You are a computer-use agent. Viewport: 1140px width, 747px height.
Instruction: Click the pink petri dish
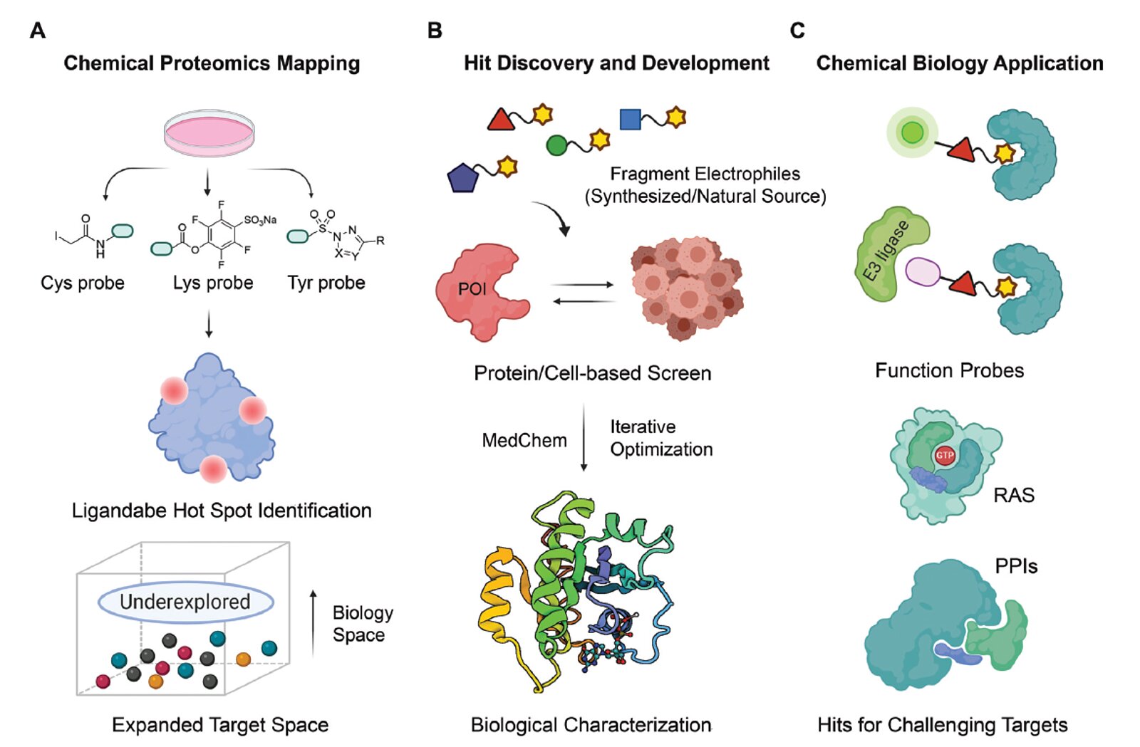pyautogui.click(x=209, y=133)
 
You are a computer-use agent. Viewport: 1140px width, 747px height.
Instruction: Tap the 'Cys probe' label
pyautogui.click(x=83, y=283)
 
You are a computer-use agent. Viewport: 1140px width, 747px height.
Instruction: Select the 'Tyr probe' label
pyautogui.click(x=326, y=283)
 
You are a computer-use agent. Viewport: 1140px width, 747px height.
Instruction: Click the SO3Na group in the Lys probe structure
pyautogui.click(x=260, y=220)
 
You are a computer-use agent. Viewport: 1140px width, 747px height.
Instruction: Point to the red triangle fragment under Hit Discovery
pyautogui.click(x=502, y=119)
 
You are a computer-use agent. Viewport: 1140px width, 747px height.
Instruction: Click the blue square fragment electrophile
pyautogui.click(x=630, y=119)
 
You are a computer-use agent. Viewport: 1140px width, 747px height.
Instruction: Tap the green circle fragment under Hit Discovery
pyautogui.click(x=556, y=145)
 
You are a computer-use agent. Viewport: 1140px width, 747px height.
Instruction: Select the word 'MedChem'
pyautogui.click(x=524, y=441)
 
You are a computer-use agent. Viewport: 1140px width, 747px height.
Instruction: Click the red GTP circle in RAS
pyautogui.click(x=945, y=455)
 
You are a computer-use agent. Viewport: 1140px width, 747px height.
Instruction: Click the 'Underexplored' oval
pyautogui.click(x=185, y=602)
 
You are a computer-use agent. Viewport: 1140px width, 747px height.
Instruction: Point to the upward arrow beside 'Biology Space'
pyautogui.click(x=313, y=623)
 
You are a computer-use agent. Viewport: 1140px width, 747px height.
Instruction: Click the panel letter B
pyautogui.click(x=435, y=31)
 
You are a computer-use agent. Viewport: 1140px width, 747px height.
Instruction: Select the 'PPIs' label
pyautogui.click(x=1016, y=567)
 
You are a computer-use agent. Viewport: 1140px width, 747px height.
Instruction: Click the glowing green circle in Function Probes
pyautogui.click(x=912, y=132)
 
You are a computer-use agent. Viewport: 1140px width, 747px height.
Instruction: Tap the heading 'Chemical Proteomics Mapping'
pyautogui.click(x=212, y=63)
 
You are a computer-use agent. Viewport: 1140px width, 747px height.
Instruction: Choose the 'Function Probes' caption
pyautogui.click(x=949, y=370)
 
